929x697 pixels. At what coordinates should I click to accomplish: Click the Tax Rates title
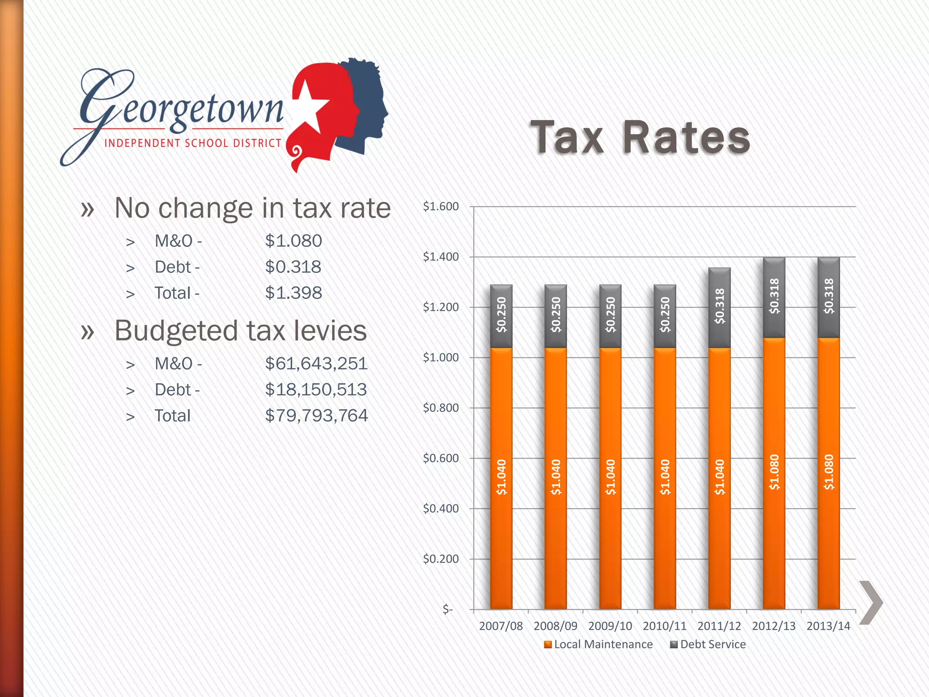click(x=640, y=137)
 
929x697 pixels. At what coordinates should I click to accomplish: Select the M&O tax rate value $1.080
click(x=293, y=241)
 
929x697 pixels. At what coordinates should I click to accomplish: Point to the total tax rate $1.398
click(x=293, y=293)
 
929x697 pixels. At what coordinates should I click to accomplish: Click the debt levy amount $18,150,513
click(x=316, y=390)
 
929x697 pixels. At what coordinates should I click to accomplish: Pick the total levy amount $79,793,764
click(x=316, y=416)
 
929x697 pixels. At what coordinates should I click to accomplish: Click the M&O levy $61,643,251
click(x=316, y=363)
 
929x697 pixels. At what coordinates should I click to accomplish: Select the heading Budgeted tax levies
click(x=240, y=330)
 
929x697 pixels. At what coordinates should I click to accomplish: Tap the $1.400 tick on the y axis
click(x=440, y=257)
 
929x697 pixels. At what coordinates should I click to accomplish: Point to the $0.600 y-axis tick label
click(x=440, y=458)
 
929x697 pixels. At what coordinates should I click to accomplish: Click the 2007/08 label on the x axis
click(x=501, y=626)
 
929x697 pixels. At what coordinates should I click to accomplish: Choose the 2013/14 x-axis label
click(x=828, y=626)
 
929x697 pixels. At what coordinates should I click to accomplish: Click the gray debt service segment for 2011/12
click(x=719, y=307)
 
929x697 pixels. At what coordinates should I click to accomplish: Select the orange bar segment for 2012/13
click(x=774, y=472)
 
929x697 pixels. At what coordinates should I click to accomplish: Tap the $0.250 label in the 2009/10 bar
click(x=611, y=314)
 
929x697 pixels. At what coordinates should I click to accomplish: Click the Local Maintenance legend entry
click(x=598, y=644)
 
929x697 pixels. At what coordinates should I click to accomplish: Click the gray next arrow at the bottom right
click(x=871, y=603)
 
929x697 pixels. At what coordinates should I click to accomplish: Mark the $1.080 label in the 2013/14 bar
click(x=829, y=472)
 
